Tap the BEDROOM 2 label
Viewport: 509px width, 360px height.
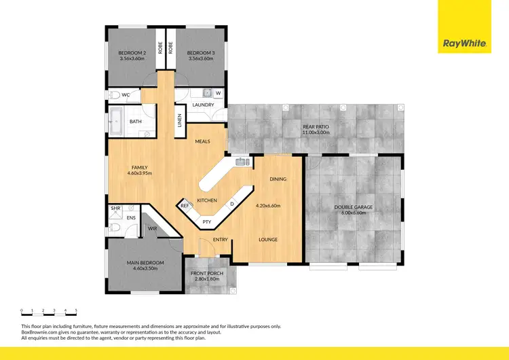tap(132, 52)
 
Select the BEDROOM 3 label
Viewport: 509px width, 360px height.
tap(200, 52)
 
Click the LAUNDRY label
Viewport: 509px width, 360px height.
tap(203, 105)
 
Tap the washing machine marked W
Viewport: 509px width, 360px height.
tap(218, 94)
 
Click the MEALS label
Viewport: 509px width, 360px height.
tap(202, 141)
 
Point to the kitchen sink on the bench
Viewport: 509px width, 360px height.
tap(241, 162)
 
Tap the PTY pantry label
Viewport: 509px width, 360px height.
tap(206, 221)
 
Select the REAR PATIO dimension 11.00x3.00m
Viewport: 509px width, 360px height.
tap(315, 132)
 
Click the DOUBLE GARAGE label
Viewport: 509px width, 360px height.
tap(354, 206)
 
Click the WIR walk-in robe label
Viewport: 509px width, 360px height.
tap(153, 229)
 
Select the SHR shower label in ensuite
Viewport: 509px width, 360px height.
tap(115, 209)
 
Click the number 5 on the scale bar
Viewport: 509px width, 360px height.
tap(76, 310)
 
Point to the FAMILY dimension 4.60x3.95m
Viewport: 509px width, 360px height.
tap(141, 174)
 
